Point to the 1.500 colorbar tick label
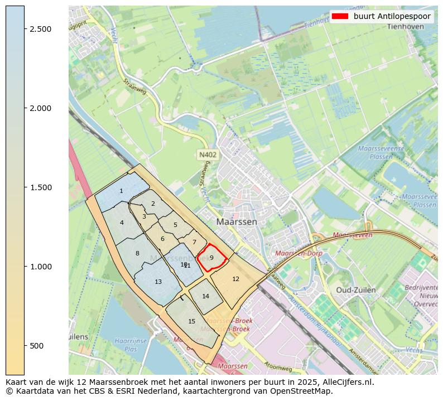pyautogui.click(x=41, y=187)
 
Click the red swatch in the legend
pyautogui.click(x=339, y=16)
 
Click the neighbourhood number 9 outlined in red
pyautogui.click(x=211, y=258)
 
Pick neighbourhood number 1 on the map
pyautogui.click(x=121, y=191)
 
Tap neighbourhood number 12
pyautogui.click(x=235, y=279)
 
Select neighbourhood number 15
pyautogui.click(x=191, y=321)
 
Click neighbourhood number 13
pyautogui.click(x=158, y=282)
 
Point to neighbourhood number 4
pyautogui.click(x=122, y=223)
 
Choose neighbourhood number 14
pyautogui.click(x=205, y=296)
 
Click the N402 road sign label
pyautogui.click(x=206, y=154)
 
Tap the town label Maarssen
pyautogui.click(x=237, y=221)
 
